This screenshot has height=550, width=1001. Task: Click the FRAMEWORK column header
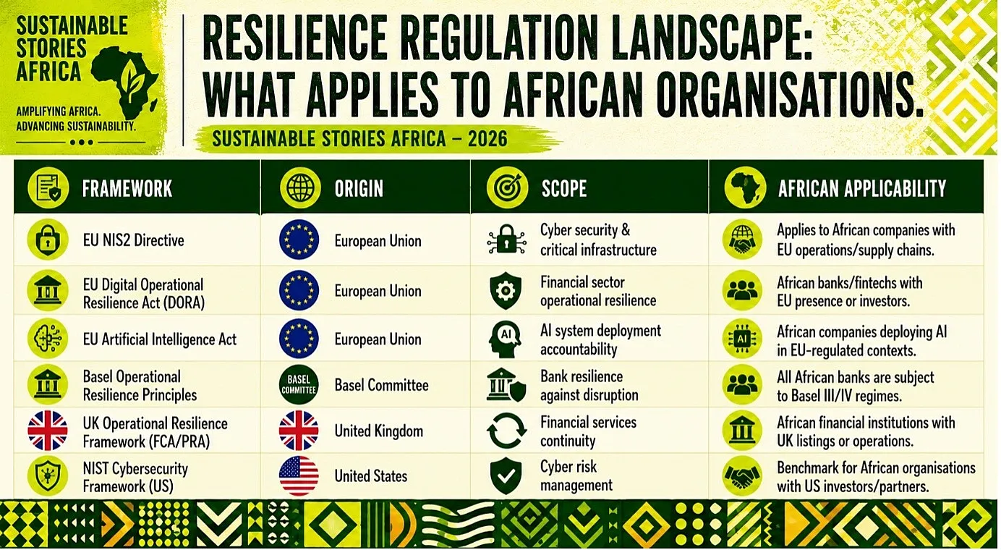[127, 188]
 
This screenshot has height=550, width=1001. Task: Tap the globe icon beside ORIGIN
[300, 188]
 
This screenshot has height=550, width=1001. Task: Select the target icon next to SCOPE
[507, 188]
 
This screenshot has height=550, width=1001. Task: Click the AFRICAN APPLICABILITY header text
[862, 188]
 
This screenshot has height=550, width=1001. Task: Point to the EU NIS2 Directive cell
[134, 240]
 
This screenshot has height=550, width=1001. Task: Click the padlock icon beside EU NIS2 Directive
[48, 240]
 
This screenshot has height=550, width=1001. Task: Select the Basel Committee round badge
[299, 385]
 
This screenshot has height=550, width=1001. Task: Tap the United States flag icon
[299, 475]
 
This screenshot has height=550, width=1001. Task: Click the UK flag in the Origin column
[299, 431]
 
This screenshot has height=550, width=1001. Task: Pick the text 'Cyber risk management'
[576, 475]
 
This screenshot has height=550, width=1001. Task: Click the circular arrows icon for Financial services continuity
[506, 431]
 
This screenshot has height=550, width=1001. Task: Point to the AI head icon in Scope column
[506, 339]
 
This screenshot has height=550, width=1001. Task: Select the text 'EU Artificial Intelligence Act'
[160, 339]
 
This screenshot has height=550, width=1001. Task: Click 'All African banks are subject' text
[856, 377]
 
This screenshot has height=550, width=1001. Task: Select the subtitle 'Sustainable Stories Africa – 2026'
[359, 139]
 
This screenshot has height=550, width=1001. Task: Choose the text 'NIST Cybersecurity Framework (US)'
[135, 477]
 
